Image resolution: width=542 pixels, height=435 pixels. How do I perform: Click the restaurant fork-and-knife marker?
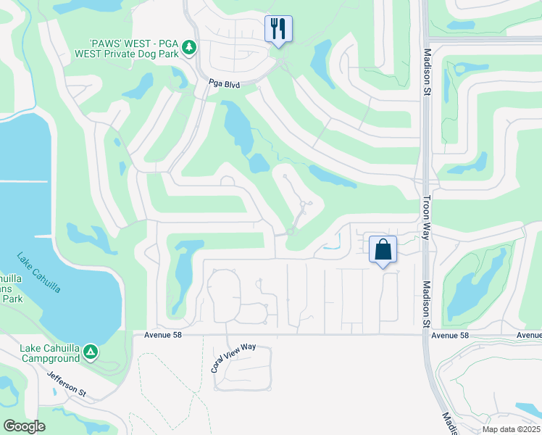(x=278, y=29)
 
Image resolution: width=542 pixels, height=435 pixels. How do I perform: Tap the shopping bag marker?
(x=383, y=250)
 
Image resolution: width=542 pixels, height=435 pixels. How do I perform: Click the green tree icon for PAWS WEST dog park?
(x=189, y=47)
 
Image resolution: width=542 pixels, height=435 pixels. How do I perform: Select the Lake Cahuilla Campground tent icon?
(x=91, y=352)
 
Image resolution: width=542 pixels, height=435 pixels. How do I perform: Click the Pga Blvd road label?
(x=225, y=84)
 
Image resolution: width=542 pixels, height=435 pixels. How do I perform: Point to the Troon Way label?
(x=427, y=217)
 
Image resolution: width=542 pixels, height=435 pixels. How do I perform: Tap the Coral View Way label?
(x=233, y=357)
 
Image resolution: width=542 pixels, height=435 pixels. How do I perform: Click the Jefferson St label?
(x=67, y=384)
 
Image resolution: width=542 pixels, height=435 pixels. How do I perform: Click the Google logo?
(x=25, y=426)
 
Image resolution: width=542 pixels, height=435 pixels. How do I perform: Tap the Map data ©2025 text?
(x=510, y=429)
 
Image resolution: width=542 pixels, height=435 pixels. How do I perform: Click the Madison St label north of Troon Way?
(x=427, y=71)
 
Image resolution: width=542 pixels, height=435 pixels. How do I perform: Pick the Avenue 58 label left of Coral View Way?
(x=156, y=335)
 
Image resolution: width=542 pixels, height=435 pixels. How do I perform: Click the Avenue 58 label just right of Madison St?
(x=450, y=335)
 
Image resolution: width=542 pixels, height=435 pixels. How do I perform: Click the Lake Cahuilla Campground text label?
(x=49, y=353)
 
